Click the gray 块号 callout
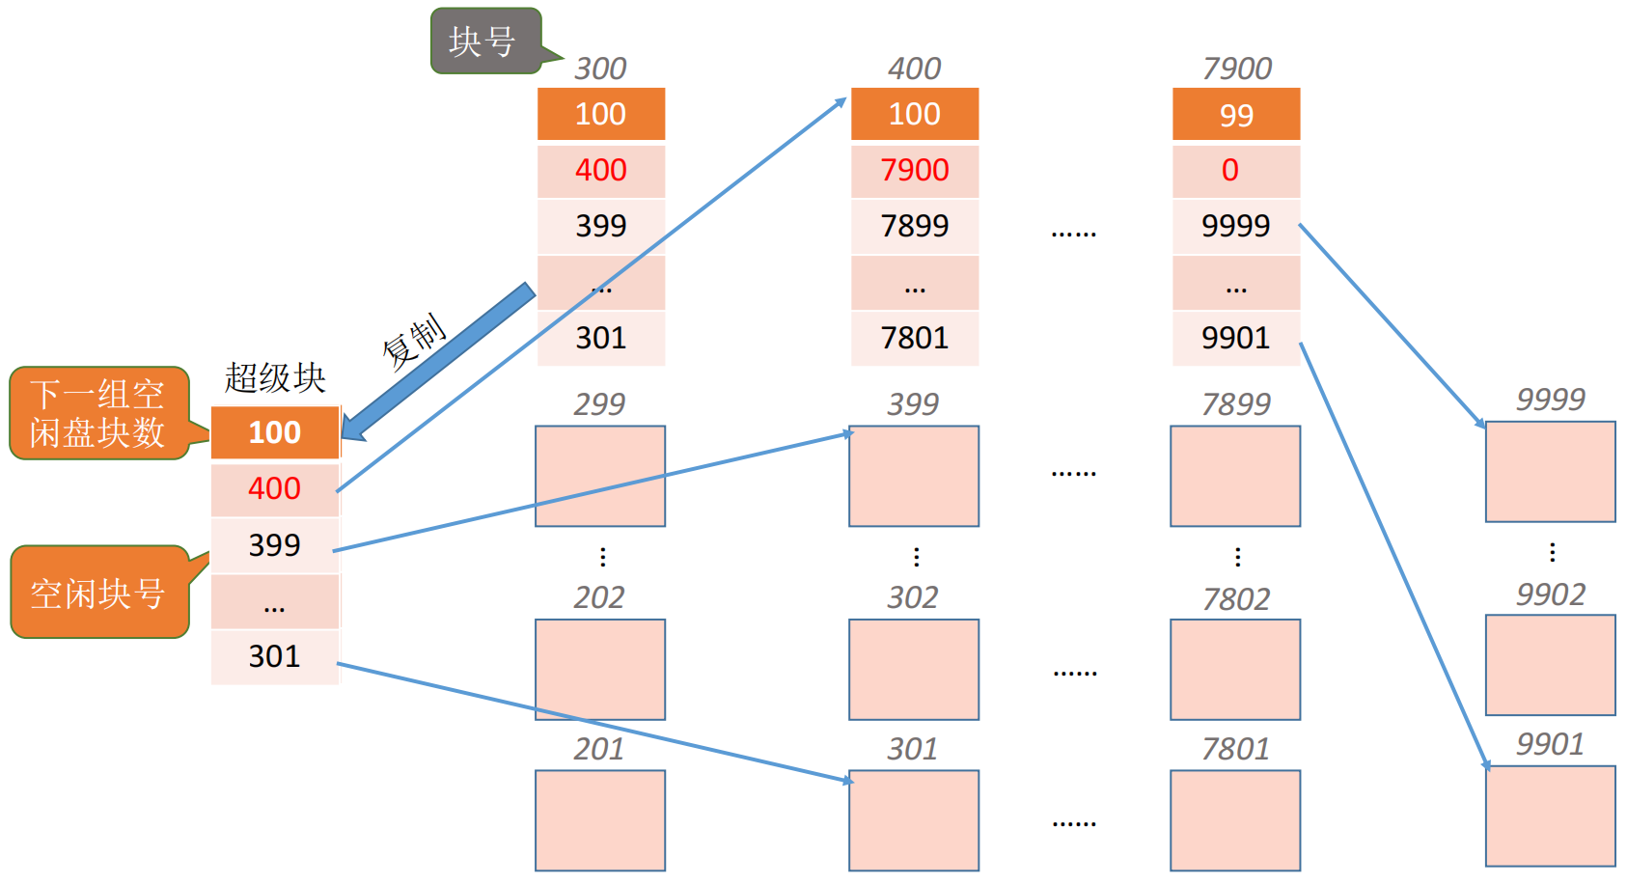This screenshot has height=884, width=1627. click(x=486, y=41)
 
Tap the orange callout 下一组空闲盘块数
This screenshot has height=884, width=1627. click(x=99, y=413)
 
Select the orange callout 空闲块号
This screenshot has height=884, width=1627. click(x=100, y=592)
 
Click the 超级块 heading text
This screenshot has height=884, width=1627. click(x=275, y=377)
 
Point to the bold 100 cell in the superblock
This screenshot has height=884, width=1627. click(x=275, y=432)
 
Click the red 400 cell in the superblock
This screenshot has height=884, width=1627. click(x=275, y=488)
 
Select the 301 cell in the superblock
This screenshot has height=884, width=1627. click(x=275, y=656)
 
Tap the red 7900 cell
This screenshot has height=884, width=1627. click(x=915, y=171)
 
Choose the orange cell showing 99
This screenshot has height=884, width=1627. click(x=1236, y=114)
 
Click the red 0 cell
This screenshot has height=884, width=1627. click(x=1236, y=171)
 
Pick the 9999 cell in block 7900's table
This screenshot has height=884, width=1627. click(x=1236, y=226)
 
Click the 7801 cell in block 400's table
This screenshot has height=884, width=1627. click(x=915, y=339)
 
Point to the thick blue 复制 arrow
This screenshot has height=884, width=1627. click(x=438, y=362)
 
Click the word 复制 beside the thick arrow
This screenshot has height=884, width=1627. click(x=414, y=342)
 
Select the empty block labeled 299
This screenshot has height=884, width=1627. click(x=600, y=476)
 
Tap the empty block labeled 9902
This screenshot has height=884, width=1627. click(x=1550, y=665)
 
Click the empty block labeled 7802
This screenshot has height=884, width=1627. click(x=1235, y=669)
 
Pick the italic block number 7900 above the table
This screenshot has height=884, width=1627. click(x=1237, y=69)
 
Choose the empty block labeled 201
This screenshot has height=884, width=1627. click(x=600, y=820)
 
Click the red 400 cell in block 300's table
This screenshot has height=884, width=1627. click(x=600, y=171)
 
